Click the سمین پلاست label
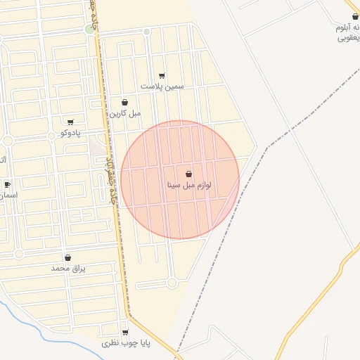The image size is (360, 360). click(x=162, y=86)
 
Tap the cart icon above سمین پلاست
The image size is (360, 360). click(x=162, y=75)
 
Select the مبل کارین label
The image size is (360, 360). click(x=124, y=112)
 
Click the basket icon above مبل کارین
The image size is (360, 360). click(x=124, y=102)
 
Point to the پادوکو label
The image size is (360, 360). click(x=70, y=133)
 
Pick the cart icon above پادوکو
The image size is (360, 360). click(x=70, y=122)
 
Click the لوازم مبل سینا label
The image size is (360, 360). click(x=188, y=186)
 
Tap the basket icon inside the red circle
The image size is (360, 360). click(x=188, y=174)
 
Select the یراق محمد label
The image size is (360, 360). click(x=67, y=269)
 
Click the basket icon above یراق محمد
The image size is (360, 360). click(x=67, y=258)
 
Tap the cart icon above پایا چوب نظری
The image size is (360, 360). click(x=125, y=333)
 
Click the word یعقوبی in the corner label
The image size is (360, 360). click(x=349, y=37)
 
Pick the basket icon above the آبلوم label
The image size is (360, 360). click(x=355, y=16)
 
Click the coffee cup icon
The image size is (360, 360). click(x=8, y=185)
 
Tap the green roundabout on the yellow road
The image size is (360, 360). click(x=89, y=29)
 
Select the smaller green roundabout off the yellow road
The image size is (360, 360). click(x=147, y=31)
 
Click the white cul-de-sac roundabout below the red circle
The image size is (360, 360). click(x=172, y=283)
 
